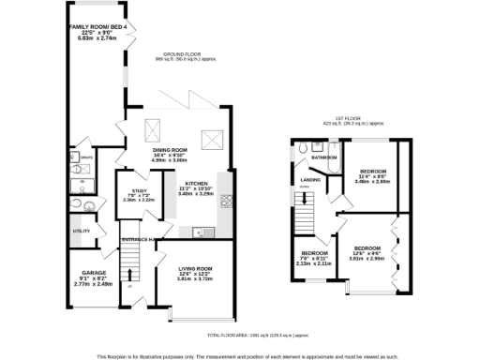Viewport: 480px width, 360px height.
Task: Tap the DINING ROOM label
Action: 171,149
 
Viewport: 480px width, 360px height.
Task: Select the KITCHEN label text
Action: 196,183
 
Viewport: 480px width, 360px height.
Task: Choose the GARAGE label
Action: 93,273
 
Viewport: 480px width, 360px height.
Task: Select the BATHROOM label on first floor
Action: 324,157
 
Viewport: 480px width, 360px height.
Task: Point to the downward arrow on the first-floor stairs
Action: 303,221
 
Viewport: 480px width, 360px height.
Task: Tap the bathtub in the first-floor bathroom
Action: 324,147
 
